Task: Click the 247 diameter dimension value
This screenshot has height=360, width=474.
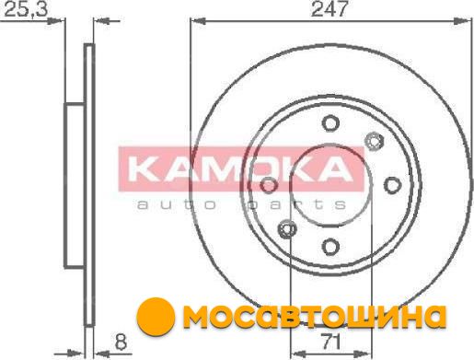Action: point(329,8)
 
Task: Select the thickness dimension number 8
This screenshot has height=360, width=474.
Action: point(121,342)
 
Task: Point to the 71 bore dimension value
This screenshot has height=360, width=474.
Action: point(330,342)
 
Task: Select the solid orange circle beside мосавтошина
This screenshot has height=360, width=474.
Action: point(156,317)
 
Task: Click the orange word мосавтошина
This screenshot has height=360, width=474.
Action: point(314,316)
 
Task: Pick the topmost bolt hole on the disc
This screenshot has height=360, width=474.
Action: point(330,123)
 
